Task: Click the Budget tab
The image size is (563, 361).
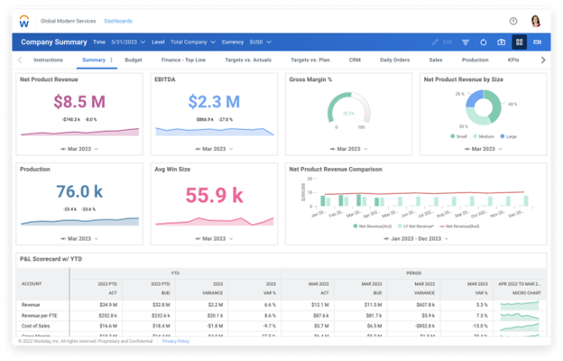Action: coord(133,60)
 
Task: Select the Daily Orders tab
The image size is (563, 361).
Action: coord(394,60)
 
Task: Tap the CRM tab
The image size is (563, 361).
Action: coord(355,60)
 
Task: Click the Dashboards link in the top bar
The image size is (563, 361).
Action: coord(117,20)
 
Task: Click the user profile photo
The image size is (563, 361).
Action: coord(535,20)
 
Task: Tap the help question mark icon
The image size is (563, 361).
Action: coord(513,20)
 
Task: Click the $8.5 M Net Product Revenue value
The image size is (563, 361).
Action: coord(79,102)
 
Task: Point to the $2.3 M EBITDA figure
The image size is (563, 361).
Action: coord(213,102)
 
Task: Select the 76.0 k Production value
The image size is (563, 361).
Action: coord(79,191)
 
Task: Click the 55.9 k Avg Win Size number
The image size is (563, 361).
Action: coord(213,193)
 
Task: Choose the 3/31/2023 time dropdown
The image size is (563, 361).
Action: coord(127,42)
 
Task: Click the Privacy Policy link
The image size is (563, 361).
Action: coord(175,341)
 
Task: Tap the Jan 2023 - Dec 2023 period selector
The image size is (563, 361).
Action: coord(416,238)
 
